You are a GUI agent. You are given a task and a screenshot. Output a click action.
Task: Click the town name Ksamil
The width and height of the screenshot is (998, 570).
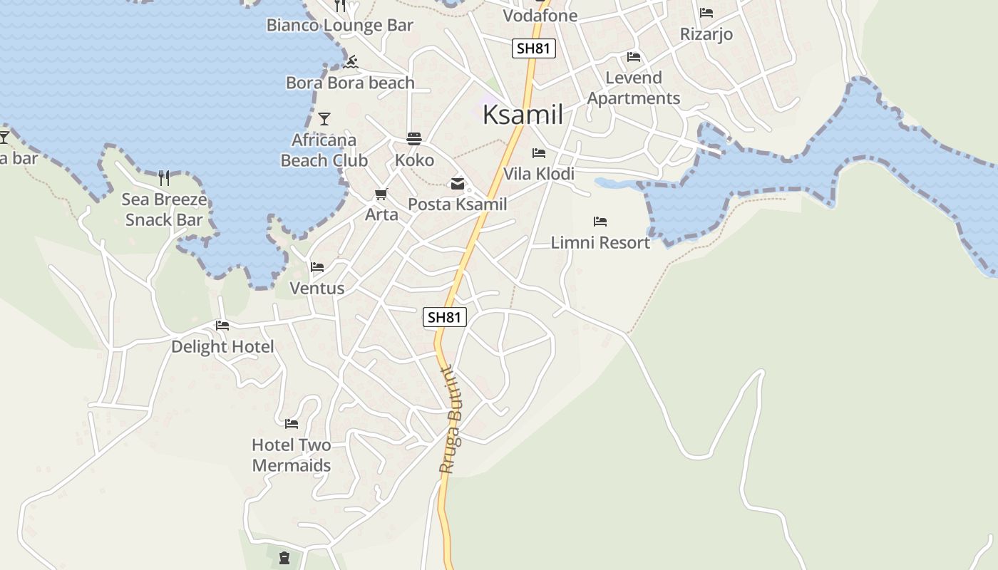coord(523,115)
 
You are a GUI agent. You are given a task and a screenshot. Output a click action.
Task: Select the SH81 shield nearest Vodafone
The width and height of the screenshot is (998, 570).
coord(533,48)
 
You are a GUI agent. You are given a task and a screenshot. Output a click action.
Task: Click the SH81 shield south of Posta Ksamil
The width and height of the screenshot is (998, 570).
coord(445,317)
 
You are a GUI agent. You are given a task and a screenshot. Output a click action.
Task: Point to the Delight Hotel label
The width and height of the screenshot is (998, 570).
coord(222,347)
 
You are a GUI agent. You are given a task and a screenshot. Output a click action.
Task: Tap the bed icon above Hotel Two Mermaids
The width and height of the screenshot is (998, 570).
coord(292,424)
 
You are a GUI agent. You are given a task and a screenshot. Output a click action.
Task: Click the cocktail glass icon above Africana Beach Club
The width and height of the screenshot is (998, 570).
coord(324,119)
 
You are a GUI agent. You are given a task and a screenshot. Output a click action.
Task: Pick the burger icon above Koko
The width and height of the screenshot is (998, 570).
coord(414,138)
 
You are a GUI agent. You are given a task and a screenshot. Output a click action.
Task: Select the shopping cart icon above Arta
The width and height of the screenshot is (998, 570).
coord(381,194)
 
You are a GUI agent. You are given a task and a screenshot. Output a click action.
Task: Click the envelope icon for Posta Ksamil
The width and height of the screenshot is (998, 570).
coord(457,184)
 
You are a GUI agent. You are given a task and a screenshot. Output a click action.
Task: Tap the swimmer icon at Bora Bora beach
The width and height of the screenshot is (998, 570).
coord(350,63)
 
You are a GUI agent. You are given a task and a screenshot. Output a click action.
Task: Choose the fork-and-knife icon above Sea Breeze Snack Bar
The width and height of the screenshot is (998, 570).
coord(164,177)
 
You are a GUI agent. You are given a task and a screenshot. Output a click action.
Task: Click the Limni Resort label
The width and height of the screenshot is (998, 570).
coord(600,242)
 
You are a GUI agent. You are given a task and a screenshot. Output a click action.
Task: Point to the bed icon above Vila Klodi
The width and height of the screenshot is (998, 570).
coord(539,153)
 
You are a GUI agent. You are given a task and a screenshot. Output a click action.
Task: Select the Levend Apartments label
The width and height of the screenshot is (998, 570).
coord(634,88)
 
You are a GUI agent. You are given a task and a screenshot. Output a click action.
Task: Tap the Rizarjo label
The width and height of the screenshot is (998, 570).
coord(706,34)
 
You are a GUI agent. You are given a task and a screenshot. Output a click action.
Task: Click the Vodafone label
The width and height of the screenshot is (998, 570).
coord(540,16)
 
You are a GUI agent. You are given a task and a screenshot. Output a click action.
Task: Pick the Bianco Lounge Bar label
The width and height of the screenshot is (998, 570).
coord(340,26)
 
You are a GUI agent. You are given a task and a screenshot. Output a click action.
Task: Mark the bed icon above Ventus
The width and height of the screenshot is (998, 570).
coord(317,267)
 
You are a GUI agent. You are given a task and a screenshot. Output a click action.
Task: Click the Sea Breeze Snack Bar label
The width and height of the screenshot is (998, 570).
coord(164,209)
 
